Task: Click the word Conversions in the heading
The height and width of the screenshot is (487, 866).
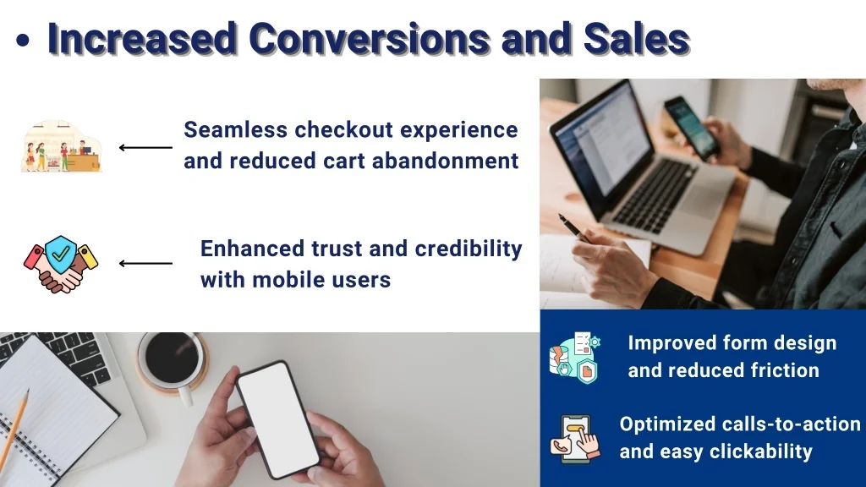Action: pyautogui.click(x=369, y=39)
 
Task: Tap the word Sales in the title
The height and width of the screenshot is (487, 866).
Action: pyautogui.click(x=636, y=39)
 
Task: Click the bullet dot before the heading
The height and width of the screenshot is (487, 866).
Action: pyautogui.click(x=23, y=41)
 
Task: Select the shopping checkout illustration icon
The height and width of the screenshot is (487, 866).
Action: pyautogui.click(x=61, y=145)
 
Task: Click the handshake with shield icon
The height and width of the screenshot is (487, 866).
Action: pyautogui.click(x=61, y=264)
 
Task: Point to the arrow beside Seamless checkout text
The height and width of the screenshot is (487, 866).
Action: pyautogui.click(x=145, y=147)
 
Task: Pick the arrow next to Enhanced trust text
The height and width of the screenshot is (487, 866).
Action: pyautogui.click(x=145, y=264)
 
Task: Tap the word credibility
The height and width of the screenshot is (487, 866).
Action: pyautogui.click(x=469, y=249)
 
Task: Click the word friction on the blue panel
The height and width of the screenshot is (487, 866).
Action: pyautogui.click(x=786, y=370)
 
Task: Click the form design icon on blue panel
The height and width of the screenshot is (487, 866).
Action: pyautogui.click(x=575, y=358)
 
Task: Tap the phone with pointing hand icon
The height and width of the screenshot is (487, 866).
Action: pyautogui.click(x=575, y=439)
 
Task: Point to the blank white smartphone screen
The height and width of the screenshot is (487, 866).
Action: pyautogui.click(x=277, y=419)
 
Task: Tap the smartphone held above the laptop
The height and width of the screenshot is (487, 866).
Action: pyautogui.click(x=692, y=129)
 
